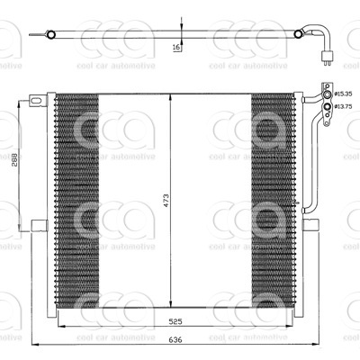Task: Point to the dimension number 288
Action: click(14, 159)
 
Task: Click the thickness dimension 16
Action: click(177, 46)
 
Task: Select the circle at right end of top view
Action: click(301, 34)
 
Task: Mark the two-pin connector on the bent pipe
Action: click(328, 62)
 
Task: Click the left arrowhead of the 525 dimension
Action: click(60, 327)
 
